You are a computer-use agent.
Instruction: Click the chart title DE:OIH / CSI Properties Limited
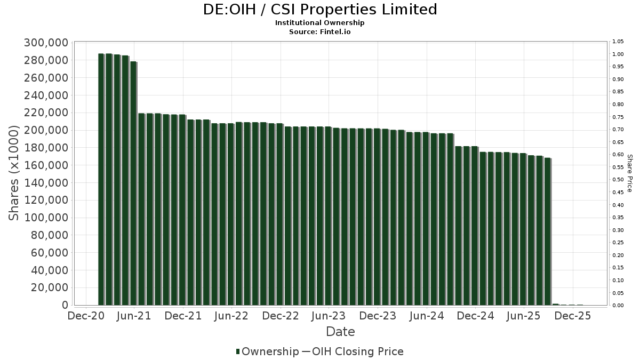[x=320, y=10]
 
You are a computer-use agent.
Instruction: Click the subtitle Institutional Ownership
[x=320, y=23]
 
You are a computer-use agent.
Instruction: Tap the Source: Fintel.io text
[x=320, y=31]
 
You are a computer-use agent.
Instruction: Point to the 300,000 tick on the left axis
[x=46, y=43]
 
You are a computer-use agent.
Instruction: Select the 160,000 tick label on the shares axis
[x=46, y=165]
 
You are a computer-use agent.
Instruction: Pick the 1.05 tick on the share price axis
[x=618, y=42]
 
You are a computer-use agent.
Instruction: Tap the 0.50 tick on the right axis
[x=618, y=180]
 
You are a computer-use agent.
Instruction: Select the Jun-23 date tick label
[x=329, y=316]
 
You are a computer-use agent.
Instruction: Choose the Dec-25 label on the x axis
[x=572, y=316]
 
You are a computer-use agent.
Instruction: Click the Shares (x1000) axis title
[x=14, y=173]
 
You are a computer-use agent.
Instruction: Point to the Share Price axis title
[x=630, y=173]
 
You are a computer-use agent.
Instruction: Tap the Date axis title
[x=340, y=332]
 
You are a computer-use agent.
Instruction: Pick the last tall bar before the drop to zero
[x=547, y=231]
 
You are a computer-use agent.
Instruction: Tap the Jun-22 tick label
[x=231, y=316]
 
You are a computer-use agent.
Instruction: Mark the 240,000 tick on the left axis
[x=46, y=95]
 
